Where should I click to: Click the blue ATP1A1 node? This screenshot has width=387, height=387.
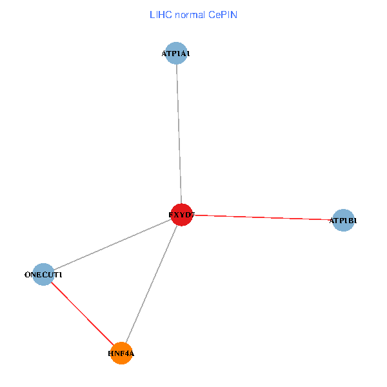click(x=176, y=54)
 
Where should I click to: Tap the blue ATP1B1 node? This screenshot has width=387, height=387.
click(x=343, y=221)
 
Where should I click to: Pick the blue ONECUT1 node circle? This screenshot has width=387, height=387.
click(x=43, y=275)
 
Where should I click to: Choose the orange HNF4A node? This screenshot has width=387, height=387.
click(x=121, y=353)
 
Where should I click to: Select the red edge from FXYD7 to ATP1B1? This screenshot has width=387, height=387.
click(x=263, y=217)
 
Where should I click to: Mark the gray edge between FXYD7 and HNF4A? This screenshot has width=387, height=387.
click(x=152, y=284)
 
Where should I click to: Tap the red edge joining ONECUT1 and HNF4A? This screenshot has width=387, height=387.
click(x=82, y=314)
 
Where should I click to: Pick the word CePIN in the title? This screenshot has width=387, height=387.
click(x=223, y=15)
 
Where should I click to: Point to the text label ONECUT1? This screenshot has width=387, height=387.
click(x=43, y=275)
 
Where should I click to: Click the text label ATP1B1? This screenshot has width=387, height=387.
click(x=343, y=221)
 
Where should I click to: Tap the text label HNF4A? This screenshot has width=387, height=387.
click(x=121, y=353)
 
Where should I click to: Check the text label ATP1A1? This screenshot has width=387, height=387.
click(x=176, y=54)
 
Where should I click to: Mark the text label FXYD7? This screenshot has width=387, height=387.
click(x=181, y=214)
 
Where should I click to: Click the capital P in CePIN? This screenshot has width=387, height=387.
click(x=225, y=15)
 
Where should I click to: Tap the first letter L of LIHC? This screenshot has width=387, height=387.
click(x=152, y=15)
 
